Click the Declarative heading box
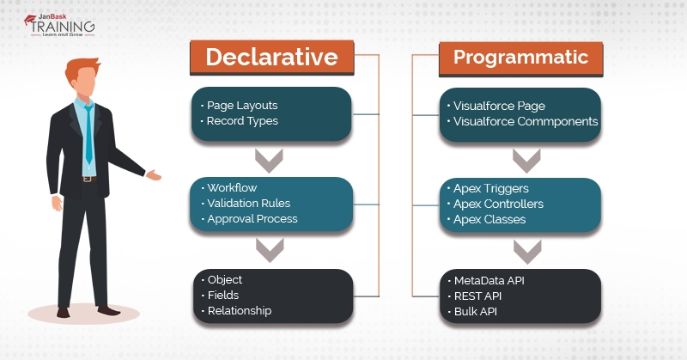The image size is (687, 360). coord(271,58)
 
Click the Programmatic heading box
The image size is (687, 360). coord(520,58)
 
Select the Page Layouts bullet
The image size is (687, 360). coord(242,106)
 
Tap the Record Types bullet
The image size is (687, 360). coord(242,121)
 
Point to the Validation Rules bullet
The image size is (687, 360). coord(249,204)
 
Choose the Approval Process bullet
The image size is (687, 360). coord(252,219)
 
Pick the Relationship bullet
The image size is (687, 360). coord(240,310)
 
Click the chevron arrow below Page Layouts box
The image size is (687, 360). coord(271,159)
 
